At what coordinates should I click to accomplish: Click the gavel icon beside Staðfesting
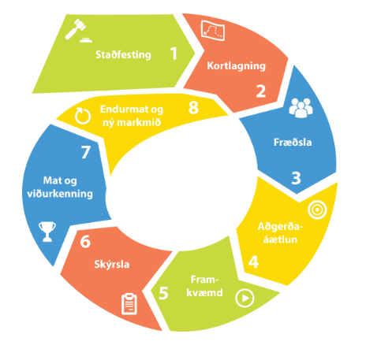pos(78,31)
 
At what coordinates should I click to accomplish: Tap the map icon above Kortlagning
pos(213,31)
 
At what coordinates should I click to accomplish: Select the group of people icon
pos(301,108)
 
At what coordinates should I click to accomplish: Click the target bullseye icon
pos(317,210)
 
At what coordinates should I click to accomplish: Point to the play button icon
pos(245,298)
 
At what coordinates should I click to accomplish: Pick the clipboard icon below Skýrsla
pos(129,304)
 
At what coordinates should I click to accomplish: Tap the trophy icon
pos(47,232)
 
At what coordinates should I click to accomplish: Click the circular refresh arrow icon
pos(83,116)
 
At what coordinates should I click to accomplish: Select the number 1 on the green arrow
pos(174,54)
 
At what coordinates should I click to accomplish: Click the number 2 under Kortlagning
pos(261,91)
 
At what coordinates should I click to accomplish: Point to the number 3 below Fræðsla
pos(296,178)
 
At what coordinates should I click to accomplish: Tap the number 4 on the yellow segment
pos(253,262)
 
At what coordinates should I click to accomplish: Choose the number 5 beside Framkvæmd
pos(163,293)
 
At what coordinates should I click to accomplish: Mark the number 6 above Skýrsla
pos(85,242)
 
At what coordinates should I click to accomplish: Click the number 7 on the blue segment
pos(86,152)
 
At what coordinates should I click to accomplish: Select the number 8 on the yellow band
pos(193,108)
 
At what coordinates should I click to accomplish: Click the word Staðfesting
pos(123,54)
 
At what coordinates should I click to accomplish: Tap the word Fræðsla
pos(293,142)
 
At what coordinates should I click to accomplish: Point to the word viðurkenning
pos(60,194)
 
